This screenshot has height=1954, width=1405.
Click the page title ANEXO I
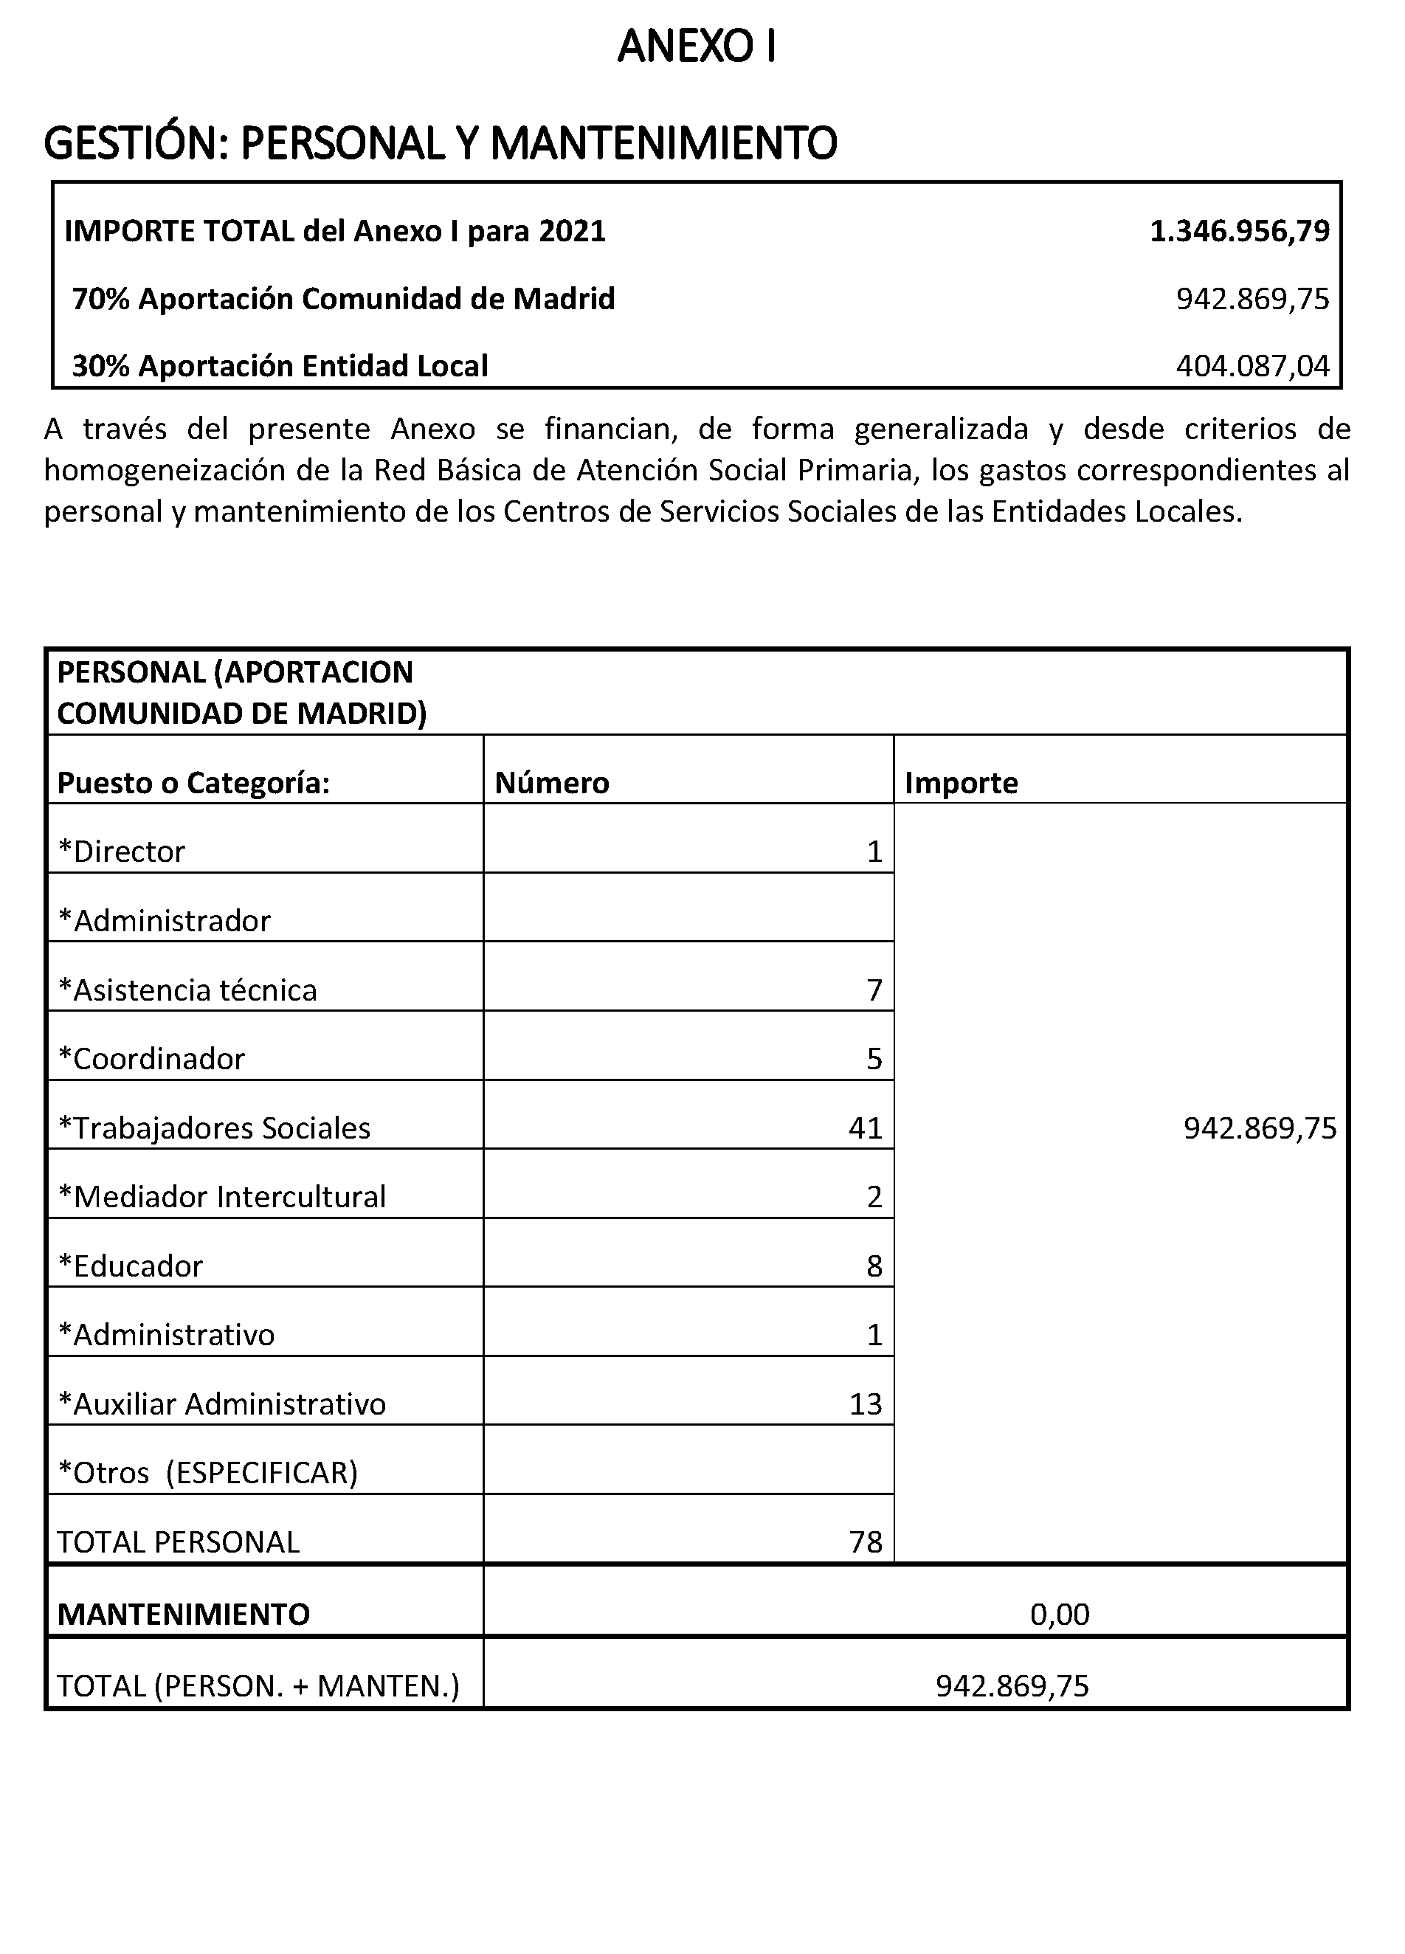click(x=697, y=48)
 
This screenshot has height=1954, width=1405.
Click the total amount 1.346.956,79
click(x=1239, y=231)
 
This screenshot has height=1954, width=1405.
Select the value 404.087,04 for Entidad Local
click(x=1252, y=366)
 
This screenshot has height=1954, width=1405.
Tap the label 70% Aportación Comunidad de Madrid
click(x=344, y=299)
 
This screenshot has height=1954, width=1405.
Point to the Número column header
click(x=552, y=782)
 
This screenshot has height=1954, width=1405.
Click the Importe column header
click(x=961, y=782)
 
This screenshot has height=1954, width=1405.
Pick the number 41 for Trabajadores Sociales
click(x=865, y=1128)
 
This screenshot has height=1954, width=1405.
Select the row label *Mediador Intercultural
click(x=221, y=1197)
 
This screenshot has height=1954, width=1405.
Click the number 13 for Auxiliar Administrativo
click(x=865, y=1404)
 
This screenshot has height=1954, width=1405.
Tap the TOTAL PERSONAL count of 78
click(x=865, y=1542)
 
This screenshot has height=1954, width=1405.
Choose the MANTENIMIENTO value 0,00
click(x=1059, y=1614)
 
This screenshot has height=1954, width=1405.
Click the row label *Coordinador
click(x=151, y=1059)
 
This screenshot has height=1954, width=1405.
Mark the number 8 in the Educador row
click(x=874, y=1266)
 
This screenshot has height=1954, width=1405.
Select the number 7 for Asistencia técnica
click(x=874, y=990)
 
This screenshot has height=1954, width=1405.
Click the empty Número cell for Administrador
click(x=688, y=907)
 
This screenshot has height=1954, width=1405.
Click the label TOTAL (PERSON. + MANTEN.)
click(x=258, y=1685)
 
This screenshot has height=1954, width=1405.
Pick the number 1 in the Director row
click(x=874, y=852)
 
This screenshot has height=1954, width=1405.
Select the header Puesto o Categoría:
click(x=194, y=782)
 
